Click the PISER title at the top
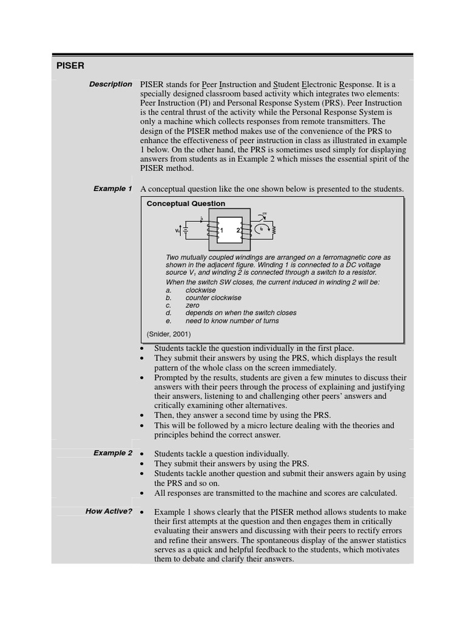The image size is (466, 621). point(70,65)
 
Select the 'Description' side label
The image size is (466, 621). point(110,84)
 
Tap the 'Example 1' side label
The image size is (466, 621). point(112,189)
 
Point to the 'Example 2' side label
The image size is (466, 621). point(112,453)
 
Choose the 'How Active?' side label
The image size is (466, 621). point(109,511)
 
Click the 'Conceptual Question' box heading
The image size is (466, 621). point(186,204)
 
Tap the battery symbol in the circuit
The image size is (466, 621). point(186,230)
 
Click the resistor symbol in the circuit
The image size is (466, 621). point(274,230)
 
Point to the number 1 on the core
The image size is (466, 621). point(221,230)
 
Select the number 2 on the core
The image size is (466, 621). point(238,230)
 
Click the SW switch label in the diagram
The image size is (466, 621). point(265,214)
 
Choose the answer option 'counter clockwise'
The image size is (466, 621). point(213,298)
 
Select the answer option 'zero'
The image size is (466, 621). point(192,306)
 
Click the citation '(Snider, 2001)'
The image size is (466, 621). point(169,334)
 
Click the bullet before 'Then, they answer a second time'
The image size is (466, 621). point(142,415)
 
